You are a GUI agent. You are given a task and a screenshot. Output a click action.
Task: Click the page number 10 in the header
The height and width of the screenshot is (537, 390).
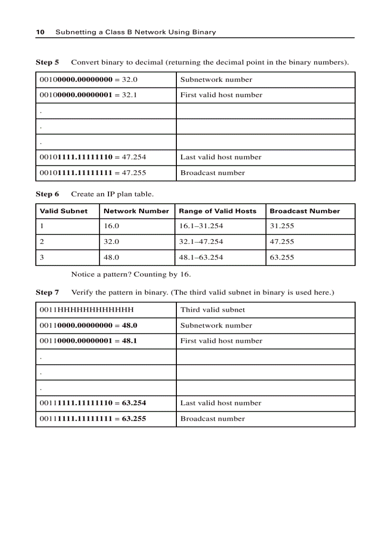[x=40, y=32]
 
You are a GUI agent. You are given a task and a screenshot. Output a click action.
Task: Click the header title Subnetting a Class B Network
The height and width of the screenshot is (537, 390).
[x=136, y=32]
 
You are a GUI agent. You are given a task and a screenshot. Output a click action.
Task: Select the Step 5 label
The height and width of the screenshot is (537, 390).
[x=47, y=62]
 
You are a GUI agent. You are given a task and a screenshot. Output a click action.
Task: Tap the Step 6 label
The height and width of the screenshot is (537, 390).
[x=47, y=194]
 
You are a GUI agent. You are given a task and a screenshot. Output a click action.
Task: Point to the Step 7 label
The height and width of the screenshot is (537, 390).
[x=47, y=292]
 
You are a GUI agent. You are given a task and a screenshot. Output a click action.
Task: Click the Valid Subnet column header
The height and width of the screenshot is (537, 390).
[x=64, y=211]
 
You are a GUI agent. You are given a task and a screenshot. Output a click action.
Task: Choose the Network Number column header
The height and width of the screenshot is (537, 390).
[x=136, y=211]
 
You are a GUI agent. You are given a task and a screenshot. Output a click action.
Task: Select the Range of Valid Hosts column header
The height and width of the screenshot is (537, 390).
[x=217, y=211]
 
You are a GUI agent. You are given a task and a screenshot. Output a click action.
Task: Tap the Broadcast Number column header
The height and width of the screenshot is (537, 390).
[x=305, y=211]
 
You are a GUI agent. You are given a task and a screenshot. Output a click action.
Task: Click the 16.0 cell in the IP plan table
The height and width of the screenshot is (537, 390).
[x=111, y=226]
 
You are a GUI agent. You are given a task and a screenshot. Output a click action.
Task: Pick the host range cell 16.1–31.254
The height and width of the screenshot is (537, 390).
[x=201, y=226]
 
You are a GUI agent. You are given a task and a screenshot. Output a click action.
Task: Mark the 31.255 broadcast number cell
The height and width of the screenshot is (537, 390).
[x=282, y=226]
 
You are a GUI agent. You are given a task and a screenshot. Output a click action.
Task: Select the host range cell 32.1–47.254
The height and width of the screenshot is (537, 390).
[x=201, y=241]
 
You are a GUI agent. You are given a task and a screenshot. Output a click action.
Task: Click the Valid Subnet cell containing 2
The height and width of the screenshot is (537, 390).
[x=42, y=241]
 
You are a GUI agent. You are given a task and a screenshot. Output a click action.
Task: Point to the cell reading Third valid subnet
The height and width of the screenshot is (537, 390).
[x=212, y=309]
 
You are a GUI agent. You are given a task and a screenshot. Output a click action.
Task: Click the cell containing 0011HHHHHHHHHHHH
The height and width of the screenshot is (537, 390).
[x=87, y=309]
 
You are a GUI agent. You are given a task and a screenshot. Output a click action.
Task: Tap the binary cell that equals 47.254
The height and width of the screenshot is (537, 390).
[x=93, y=157]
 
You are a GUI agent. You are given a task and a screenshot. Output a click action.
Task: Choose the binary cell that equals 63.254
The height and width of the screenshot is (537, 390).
[x=93, y=403]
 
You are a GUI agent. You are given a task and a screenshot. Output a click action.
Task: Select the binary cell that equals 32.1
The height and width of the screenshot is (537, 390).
[x=88, y=95]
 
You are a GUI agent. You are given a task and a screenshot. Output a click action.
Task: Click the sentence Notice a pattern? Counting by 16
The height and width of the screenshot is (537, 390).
[x=131, y=274]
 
